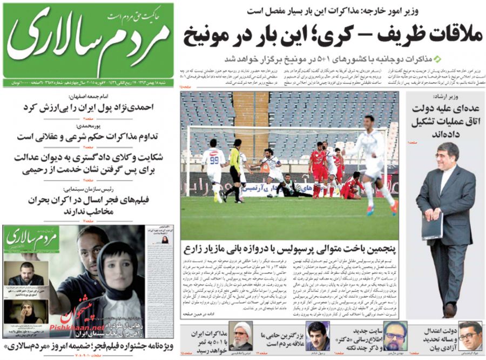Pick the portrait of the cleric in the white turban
[240, 335]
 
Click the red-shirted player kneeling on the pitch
[351, 186]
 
